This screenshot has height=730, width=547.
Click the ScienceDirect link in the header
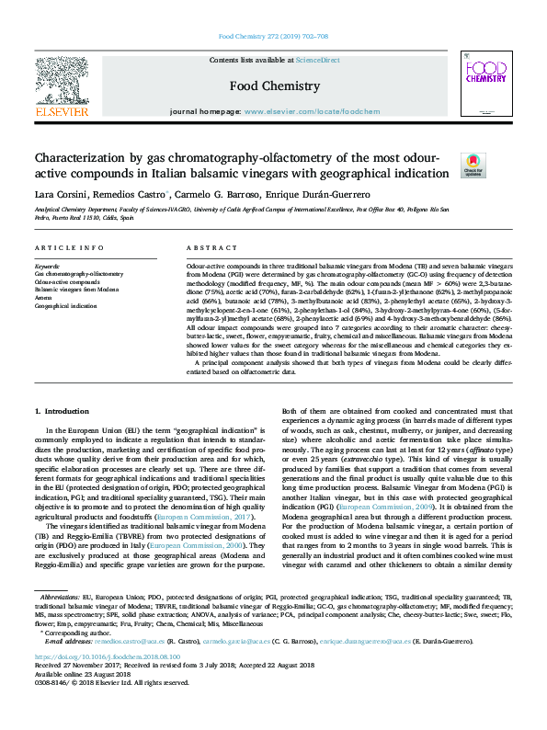tap(317, 60)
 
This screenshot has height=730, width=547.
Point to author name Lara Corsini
tap(63, 194)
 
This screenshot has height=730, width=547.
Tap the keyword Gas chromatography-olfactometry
tap(79, 274)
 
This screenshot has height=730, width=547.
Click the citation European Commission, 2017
tap(215, 519)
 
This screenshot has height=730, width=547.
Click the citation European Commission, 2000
tap(206, 545)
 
